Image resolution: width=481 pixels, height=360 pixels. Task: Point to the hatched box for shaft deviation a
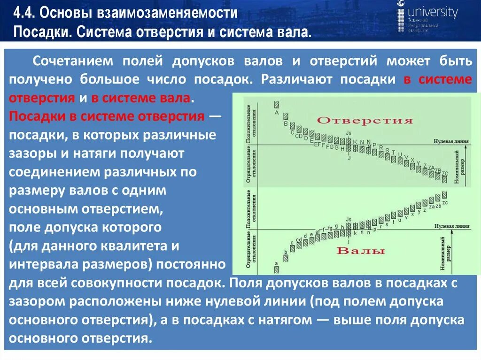pos(277,270)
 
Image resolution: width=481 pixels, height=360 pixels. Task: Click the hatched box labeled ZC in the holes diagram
pos(444,179)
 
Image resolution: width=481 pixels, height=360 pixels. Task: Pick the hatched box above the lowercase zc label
pos(444,195)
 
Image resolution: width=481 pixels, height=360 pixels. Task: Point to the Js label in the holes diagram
pos(348,134)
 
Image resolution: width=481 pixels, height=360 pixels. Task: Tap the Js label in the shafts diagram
pos(348,219)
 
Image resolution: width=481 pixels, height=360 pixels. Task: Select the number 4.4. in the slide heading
pos(24,13)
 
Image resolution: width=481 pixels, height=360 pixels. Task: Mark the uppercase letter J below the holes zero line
pos(349,158)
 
